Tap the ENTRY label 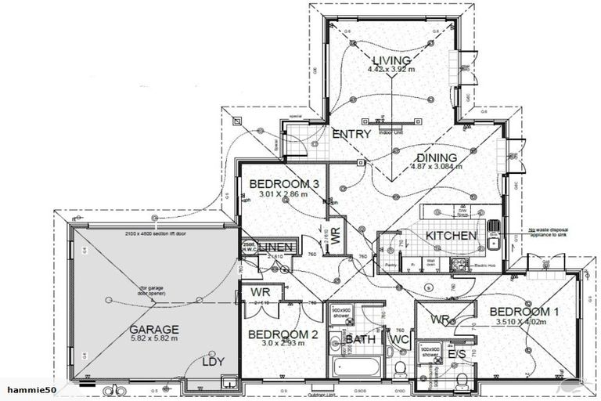click(x=351, y=134)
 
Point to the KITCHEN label click(x=451, y=235)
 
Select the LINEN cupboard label click(x=272, y=247)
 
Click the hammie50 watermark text click(x=24, y=389)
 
